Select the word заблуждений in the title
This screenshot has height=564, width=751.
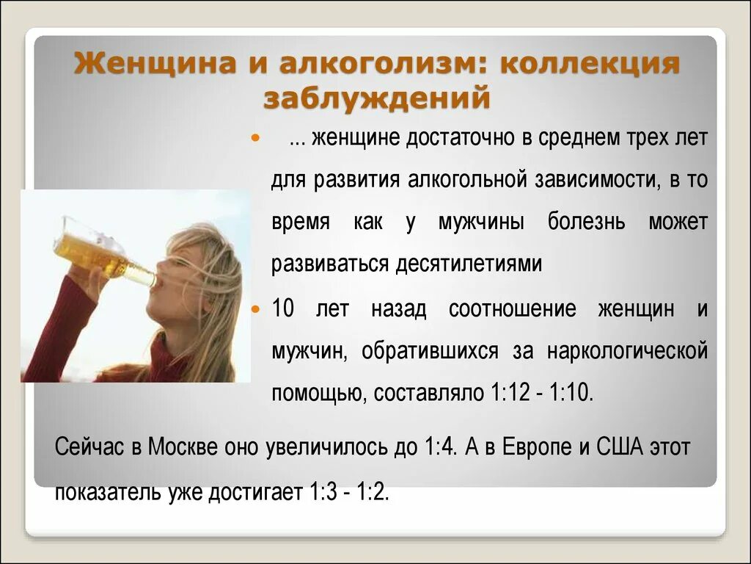(x=376, y=97)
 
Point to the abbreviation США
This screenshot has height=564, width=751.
(x=618, y=446)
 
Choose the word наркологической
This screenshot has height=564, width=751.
(x=627, y=350)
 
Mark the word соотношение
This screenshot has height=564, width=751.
(x=512, y=309)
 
